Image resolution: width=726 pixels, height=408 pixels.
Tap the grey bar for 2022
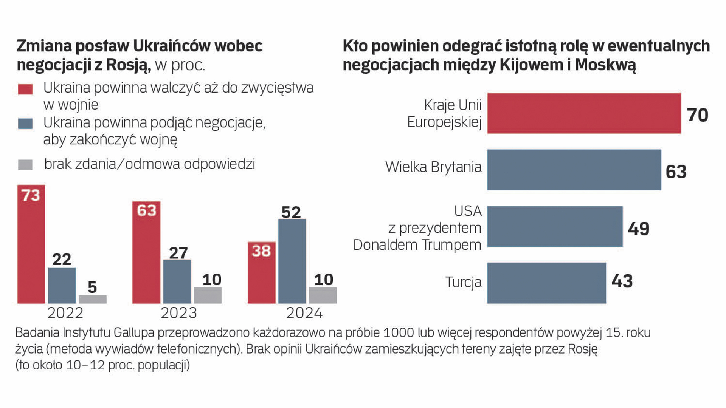(93, 299)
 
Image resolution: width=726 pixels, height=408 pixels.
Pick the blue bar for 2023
(177, 281)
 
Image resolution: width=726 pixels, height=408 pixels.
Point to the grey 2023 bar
(208, 295)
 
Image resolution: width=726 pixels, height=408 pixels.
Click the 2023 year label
(178, 313)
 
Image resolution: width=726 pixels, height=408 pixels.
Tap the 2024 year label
(304, 313)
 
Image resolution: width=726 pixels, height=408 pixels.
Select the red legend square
(25, 89)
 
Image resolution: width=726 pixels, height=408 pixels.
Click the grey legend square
(25, 165)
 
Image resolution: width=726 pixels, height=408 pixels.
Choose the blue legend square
(25, 124)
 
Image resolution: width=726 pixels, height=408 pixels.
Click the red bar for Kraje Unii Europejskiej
(583, 113)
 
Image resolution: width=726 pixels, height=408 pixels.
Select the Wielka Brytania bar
(574, 170)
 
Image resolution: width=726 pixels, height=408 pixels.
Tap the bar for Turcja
(546, 283)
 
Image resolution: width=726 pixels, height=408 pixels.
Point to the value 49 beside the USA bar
(639, 229)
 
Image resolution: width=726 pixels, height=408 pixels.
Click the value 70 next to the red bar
(697, 115)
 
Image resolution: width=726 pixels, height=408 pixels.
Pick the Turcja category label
(463, 282)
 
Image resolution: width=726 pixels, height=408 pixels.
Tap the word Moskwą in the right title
(605, 65)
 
